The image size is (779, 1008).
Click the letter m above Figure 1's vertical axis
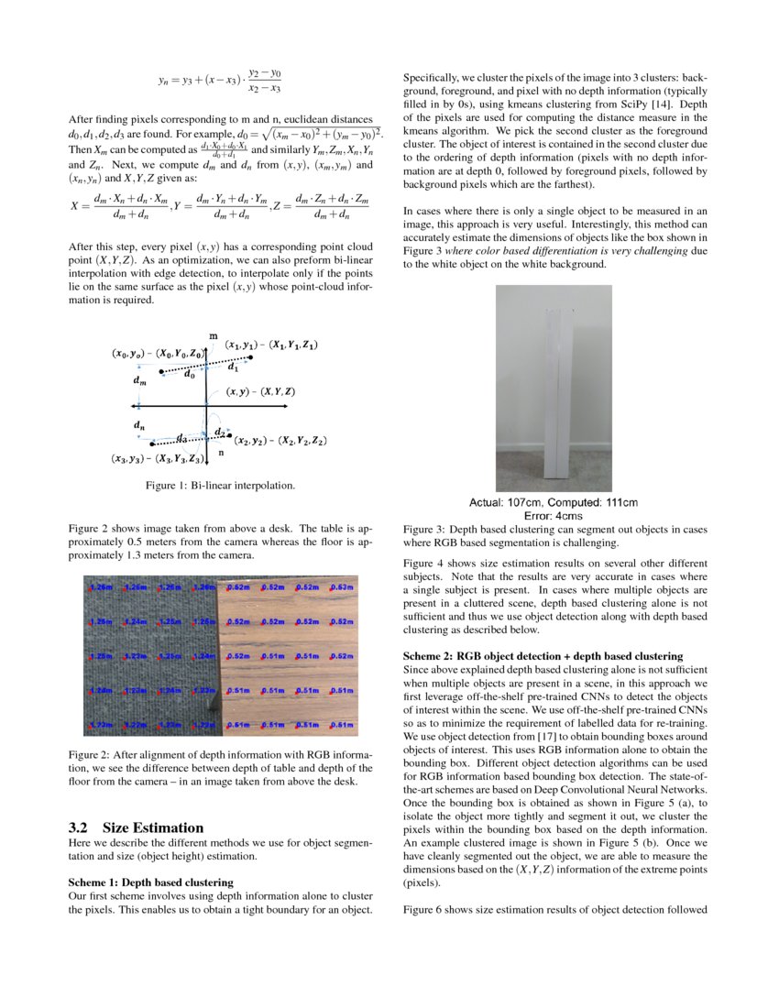pos(213,337)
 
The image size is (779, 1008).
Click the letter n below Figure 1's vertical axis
pos(220,453)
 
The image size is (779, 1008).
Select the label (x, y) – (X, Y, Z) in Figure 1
pos(261,391)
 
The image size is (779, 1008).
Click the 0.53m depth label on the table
pos(342,586)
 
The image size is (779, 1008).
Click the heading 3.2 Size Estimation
pos(137,827)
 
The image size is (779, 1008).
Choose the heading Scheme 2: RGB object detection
pos(543,656)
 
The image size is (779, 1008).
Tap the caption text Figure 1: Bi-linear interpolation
pos(220,485)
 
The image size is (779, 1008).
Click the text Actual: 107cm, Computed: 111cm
pos(554,502)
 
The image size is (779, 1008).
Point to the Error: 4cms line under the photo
pos(554,515)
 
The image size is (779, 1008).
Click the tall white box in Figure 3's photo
pos(558,394)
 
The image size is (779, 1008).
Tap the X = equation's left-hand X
pos(74,206)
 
